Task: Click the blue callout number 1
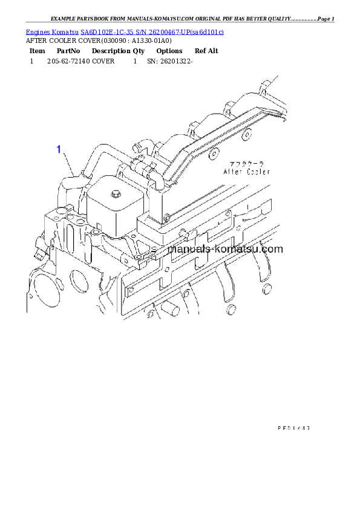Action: [x=59, y=149]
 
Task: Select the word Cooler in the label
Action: [x=258, y=172]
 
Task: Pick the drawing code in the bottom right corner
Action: [x=293, y=427]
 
